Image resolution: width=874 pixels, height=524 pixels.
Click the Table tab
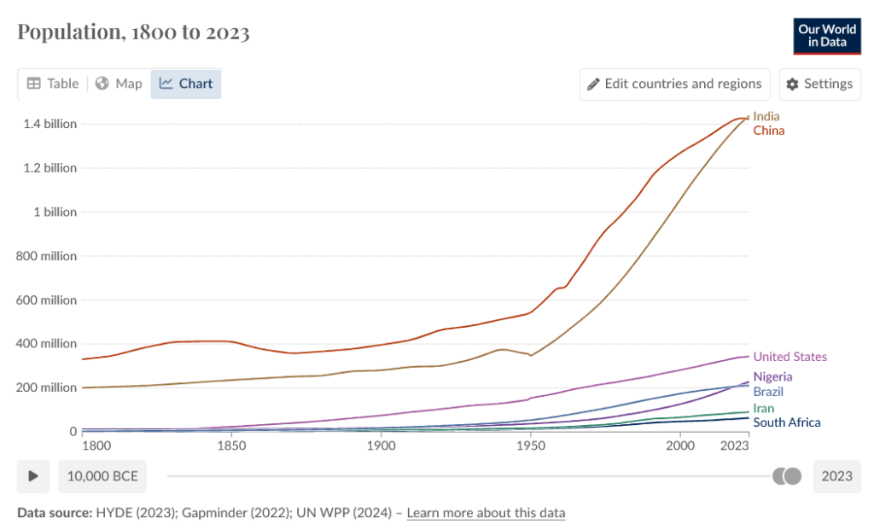[53, 84]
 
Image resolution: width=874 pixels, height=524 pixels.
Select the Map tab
[119, 84]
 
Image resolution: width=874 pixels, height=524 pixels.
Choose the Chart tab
[186, 84]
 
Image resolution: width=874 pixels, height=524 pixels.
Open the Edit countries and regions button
[674, 84]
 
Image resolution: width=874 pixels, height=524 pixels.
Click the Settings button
[819, 84]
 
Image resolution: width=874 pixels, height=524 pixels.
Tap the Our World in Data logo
[826, 35]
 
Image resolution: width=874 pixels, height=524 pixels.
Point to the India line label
[766, 116]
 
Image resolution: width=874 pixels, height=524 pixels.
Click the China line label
[768, 131]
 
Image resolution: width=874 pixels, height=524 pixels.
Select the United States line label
[790, 357]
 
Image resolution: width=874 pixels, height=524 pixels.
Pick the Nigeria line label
[772, 376]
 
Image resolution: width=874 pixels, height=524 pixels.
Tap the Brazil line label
[768, 392]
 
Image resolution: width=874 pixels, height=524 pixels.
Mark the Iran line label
[763, 408]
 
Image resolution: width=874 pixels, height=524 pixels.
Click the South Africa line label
[786, 422]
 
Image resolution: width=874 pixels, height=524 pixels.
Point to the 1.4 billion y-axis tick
[50, 124]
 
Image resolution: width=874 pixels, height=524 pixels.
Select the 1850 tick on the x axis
[230, 445]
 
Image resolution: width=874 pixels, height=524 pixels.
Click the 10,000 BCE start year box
[102, 475]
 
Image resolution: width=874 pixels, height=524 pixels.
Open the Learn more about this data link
[486, 513]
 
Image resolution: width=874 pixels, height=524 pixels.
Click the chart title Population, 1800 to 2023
[133, 32]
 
